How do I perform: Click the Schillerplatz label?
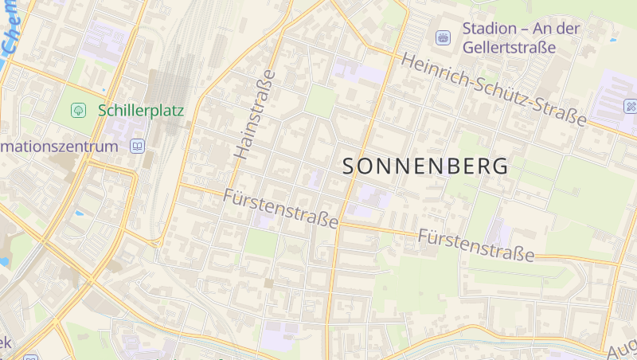pos(141,111)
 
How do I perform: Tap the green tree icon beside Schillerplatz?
pos(78,110)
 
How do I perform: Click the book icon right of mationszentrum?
pos(138,147)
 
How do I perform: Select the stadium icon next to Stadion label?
pos(443,37)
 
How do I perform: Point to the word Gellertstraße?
pos(509,48)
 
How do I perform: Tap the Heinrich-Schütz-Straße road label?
pos(494,88)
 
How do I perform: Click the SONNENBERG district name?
pos(425,166)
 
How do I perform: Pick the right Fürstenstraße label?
pos(476,245)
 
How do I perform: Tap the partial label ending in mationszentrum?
pos(59,147)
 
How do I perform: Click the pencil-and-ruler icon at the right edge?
pos(631,105)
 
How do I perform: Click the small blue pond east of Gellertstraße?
pos(612,39)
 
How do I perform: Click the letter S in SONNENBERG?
pos(350,166)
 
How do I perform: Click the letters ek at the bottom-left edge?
pos(5,342)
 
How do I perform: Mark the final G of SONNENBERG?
pos(500,166)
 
